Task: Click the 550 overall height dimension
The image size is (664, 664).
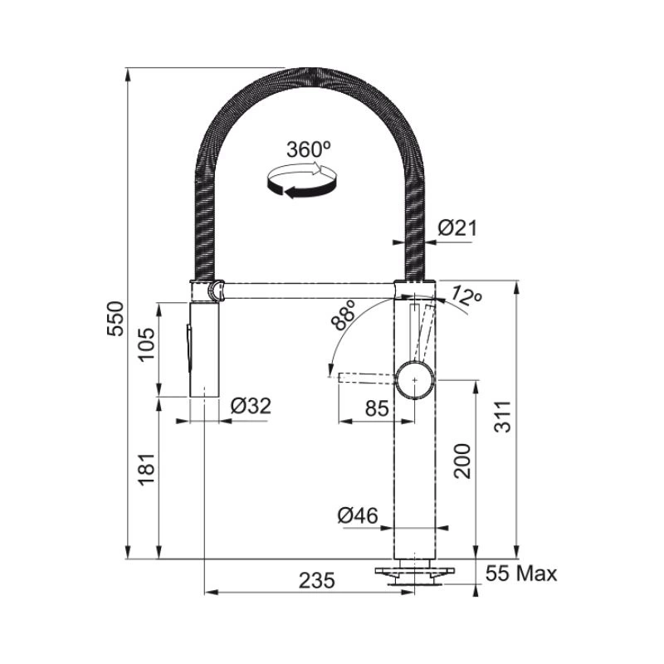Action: click(x=115, y=319)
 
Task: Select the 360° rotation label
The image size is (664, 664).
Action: click(x=308, y=149)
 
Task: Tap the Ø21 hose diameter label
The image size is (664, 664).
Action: click(x=457, y=228)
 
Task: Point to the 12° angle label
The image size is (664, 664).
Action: click(x=466, y=296)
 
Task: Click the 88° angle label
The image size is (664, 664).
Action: click(x=344, y=315)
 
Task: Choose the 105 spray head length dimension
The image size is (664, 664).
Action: click(x=148, y=344)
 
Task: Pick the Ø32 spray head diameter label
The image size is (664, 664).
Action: click(x=251, y=406)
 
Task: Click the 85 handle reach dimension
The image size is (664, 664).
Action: click(x=377, y=408)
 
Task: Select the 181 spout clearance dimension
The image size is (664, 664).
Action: click(x=148, y=469)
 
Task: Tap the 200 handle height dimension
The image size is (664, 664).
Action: click(x=461, y=461)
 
